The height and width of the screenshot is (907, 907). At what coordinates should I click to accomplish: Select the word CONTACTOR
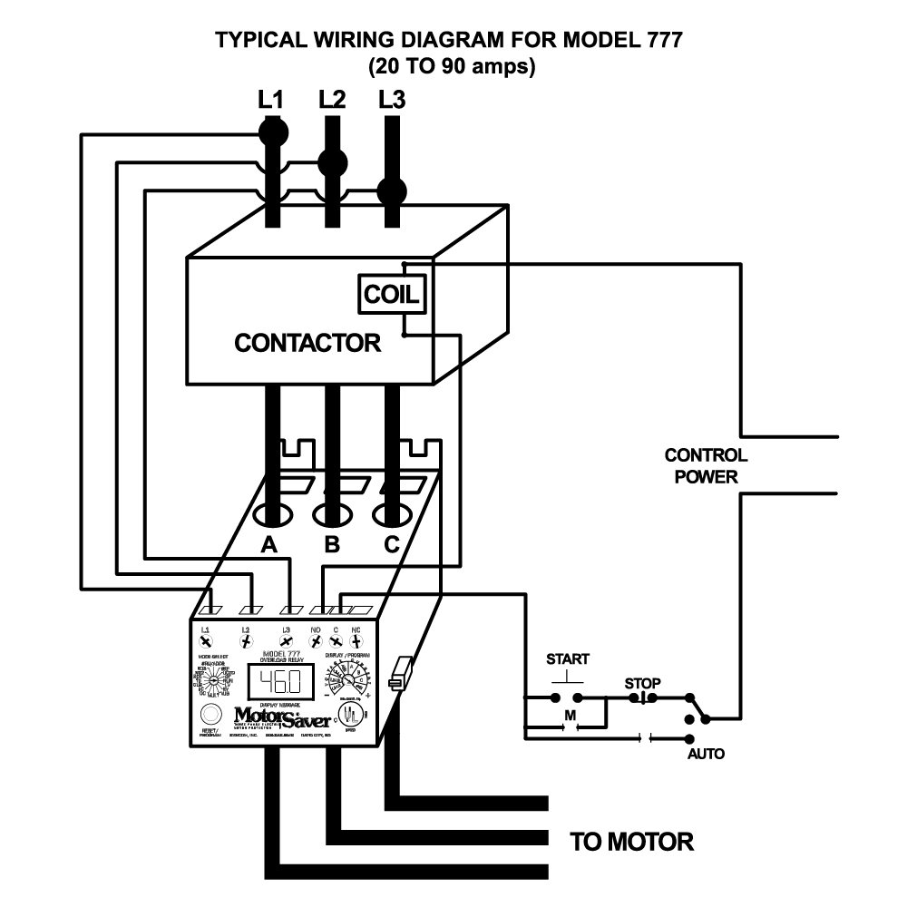tap(307, 344)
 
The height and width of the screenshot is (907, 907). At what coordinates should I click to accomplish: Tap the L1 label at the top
tap(270, 99)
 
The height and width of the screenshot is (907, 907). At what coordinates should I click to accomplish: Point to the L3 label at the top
tap(392, 99)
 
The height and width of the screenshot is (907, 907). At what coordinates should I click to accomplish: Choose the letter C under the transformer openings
tap(391, 544)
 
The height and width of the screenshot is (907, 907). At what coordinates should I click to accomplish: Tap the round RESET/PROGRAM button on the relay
tap(210, 713)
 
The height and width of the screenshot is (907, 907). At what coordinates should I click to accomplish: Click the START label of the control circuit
tap(567, 658)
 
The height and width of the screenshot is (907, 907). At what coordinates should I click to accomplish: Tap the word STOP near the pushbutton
tap(642, 683)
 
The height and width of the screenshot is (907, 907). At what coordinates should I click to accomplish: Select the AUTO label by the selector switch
tap(706, 754)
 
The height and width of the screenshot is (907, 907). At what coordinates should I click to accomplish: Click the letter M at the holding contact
tap(571, 716)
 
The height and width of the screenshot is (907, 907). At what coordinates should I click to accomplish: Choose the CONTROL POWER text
tap(706, 466)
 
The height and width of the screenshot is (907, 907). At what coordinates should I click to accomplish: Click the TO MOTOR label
tap(631, 842)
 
